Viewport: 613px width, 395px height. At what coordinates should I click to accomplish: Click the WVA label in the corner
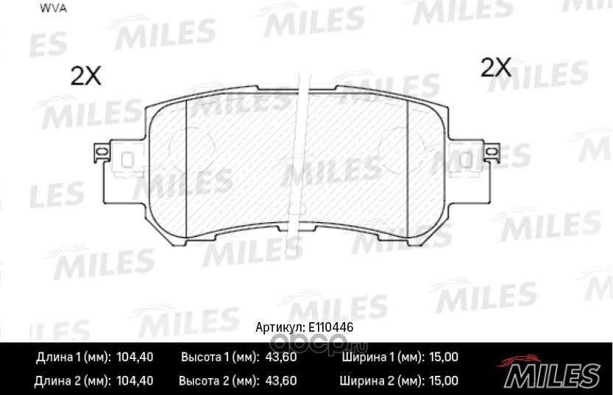pos(53,9)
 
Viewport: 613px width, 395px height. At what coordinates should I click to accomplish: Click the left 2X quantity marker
pos(85,76)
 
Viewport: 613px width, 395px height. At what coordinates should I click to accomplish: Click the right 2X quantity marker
pos(496,67)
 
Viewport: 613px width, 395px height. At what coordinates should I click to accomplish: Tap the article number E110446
pos(330,327)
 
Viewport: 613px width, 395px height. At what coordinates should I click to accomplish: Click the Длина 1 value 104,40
pos(135,357)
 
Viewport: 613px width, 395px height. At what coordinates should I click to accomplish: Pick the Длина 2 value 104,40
pos(135,380)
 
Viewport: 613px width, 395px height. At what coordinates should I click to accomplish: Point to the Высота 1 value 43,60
pos(281,357)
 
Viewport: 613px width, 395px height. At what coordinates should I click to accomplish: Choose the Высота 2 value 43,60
pos(281,380)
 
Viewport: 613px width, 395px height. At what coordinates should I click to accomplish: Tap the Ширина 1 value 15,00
pos(444,357)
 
